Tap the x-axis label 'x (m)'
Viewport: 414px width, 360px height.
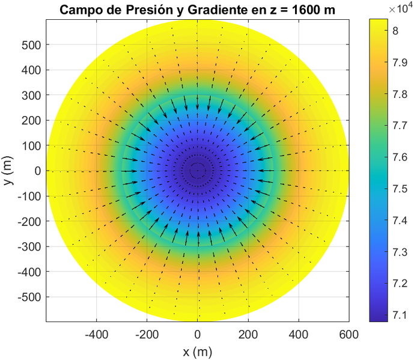[x=198, y=351]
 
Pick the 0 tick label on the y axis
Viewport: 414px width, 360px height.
[x=37, y=171]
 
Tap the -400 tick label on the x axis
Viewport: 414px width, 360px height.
[x=96, y=334]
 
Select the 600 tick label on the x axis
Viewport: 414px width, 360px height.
[x=349, y=334]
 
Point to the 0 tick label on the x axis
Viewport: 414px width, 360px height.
[x=198, y=334]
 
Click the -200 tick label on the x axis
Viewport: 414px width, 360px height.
[x=147, y=334]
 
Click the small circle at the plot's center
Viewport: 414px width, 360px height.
[x=198, y=171]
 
